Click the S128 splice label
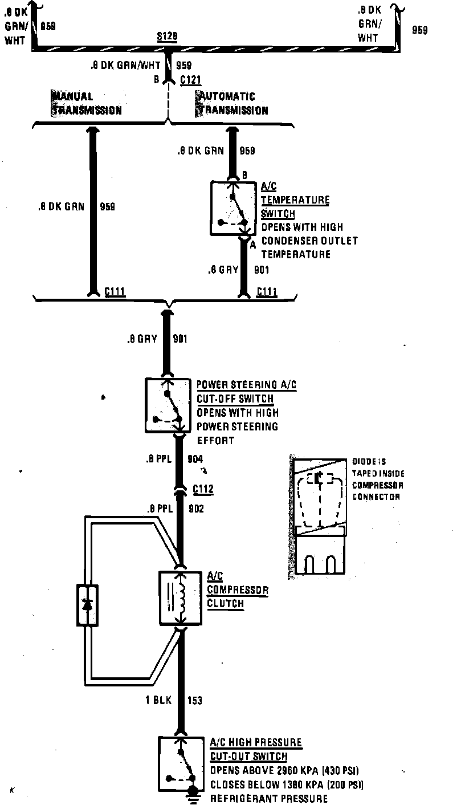coord(167,36)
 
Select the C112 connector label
coord(203,489)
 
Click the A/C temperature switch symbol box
coord(232,208)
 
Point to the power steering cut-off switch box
coord(168,405)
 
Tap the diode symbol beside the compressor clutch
coord(87,605)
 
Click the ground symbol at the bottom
coord(193,794)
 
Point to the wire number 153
coord(194,701)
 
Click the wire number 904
coord(195,459)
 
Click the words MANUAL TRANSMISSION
coord(86,103)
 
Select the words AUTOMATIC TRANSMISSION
coord(232,103)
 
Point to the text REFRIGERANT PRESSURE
coord(269,798)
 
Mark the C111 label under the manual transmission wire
coord(115,292)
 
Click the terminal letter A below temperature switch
coord(253,244)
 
